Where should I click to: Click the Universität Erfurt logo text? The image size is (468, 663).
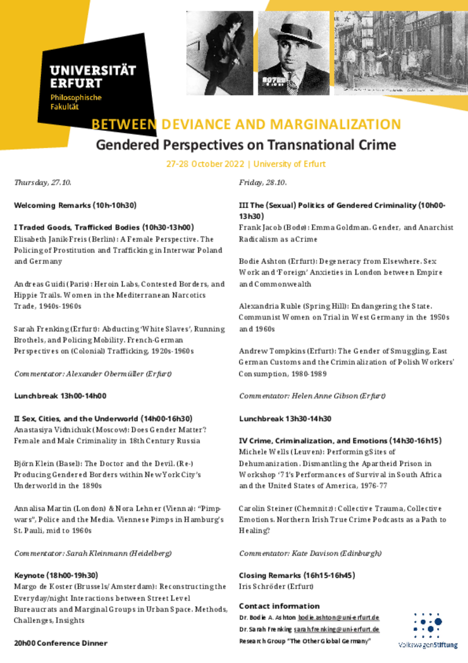(x=92, y=77)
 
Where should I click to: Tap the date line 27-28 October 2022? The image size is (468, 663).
(x=206, y=164)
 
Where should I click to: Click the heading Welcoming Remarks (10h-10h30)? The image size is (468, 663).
(x=75, y=206)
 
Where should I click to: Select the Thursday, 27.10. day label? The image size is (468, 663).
(x=42, y=183)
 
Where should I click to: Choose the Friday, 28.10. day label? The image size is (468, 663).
(x=262, y=183)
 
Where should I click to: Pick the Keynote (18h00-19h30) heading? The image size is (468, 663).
(x=56, y=575)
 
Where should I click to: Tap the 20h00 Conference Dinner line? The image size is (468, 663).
(x=61, y=643)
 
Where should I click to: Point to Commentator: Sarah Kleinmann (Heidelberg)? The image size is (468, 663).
(x=92, y=553)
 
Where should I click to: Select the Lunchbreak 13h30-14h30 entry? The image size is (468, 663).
(x=285, y=418)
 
